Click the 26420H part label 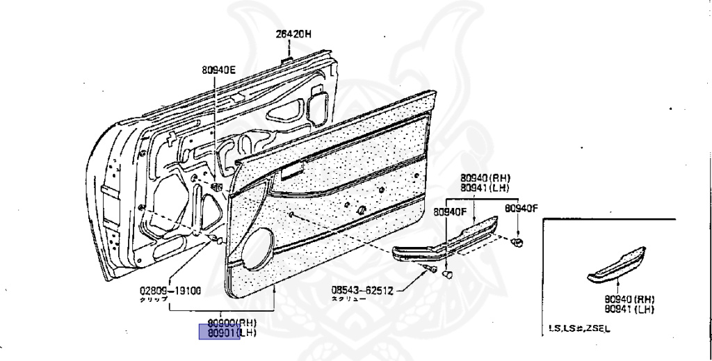(x=293, y=34)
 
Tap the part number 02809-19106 (x=170, y=291)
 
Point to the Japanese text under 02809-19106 (x=152, y=299)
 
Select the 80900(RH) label (x=232, y=323)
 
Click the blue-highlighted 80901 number (x=219, y=333)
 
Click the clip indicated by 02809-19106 (x=217, y=240)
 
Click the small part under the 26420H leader (x=286, y=61)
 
